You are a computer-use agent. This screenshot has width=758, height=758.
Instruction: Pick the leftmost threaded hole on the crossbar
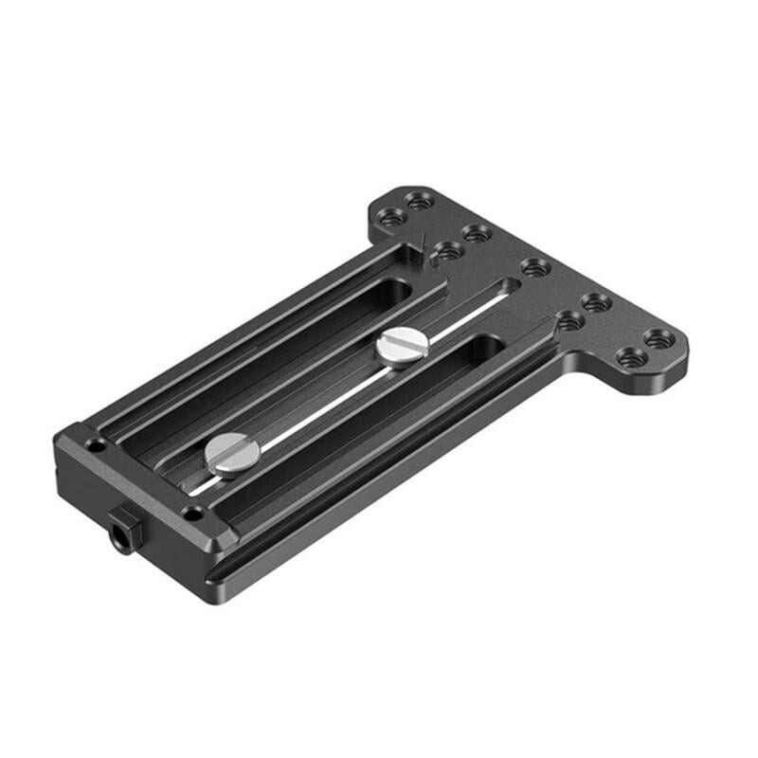coord(391,217)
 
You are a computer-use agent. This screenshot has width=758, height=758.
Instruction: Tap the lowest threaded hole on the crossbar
coord(630,357)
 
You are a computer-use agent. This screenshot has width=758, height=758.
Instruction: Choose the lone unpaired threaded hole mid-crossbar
coord(534,267)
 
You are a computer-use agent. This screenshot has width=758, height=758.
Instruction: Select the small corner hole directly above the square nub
coord(192,514)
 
